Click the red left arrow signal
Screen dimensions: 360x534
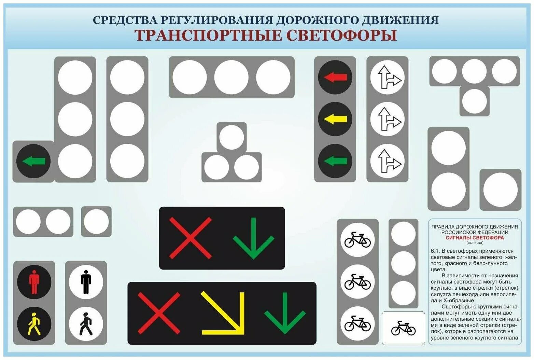click(x=335, y=78)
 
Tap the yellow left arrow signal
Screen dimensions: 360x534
click(x=335, y=119)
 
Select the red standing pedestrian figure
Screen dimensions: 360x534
click(x=34, y=282)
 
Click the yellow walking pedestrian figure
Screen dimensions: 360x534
click(x=34, y=324)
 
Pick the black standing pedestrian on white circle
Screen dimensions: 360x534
click(x=86, y=282)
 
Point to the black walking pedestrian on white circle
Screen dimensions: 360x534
click(x=86, y=324)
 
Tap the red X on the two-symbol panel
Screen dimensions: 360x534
click(x=190, y=238)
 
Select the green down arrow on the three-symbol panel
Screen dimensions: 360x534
click(x=285, y=313)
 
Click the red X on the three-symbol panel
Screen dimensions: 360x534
click(x=159, y=313)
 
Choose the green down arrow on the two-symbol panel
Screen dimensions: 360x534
click(x=253, y=238)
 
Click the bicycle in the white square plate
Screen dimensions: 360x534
click(x=403, y=328)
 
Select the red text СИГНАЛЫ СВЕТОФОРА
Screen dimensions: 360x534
click(x=475, y=238)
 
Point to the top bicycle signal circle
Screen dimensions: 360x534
click(x=357, y=239)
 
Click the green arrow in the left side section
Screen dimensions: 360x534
click(x=33, y=161)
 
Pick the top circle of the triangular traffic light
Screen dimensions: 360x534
click(x=231, y=137)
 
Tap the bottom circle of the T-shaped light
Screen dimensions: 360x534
click(x=474, y=101)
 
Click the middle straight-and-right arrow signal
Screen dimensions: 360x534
click(x=387, y=119)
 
